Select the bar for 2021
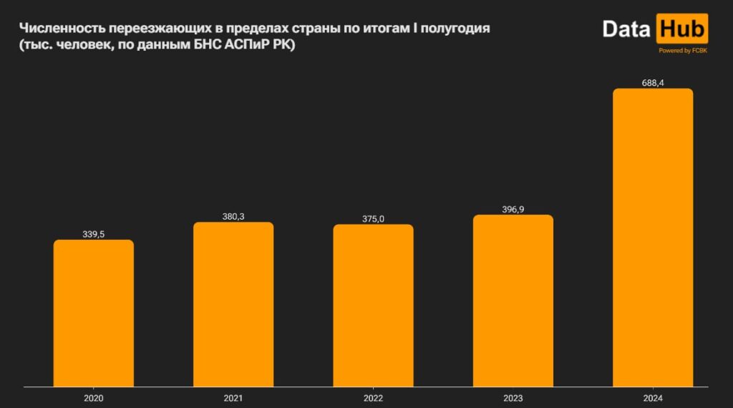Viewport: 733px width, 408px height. (233, 304)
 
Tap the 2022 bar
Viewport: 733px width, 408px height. (373, 306)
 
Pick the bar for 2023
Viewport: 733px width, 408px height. (513, 301)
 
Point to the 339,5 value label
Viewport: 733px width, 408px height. (94, 233)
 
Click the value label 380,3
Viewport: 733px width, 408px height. (233, 216)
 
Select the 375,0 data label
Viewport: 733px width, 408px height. (373, 218)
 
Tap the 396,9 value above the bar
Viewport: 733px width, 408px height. (513, 209)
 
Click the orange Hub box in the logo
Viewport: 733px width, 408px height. (681, 29)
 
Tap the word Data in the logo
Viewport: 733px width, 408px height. (626, 29)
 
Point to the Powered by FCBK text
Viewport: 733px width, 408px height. (683, 50)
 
